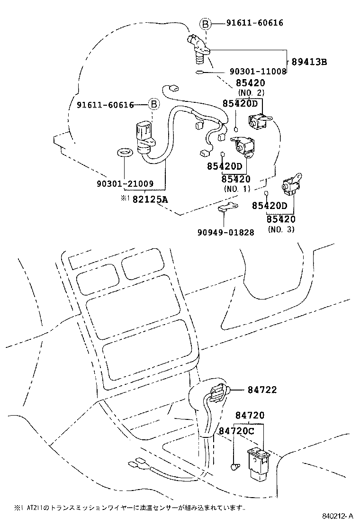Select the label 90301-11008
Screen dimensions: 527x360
[258, 72]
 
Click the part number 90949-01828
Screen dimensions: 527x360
[226, 232]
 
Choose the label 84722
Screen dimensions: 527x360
[262, 390]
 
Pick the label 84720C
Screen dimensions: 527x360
[237, 431]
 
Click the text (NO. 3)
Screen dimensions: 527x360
[281, 230]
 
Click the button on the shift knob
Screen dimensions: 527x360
[219, 391]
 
